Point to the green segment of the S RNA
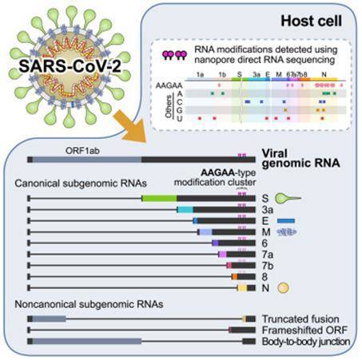pyautogui.click(x=158, y=197)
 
